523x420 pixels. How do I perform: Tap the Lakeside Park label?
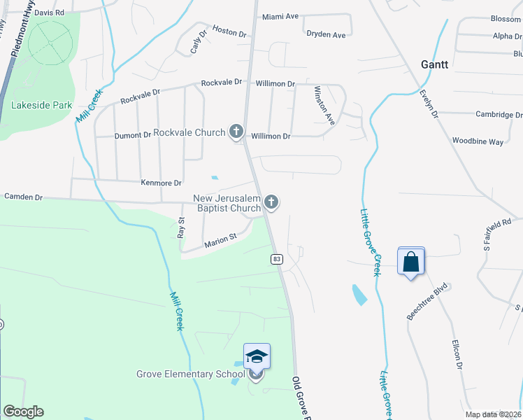pyautogui.click(x=42, y=105)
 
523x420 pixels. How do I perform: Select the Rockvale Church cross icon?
pyautogui.click(x=236, y=131)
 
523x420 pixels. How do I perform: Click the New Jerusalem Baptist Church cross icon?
pyautogui.click(x=271, y=203)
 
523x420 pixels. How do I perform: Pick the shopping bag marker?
pyautogui.click(x=411, y=262)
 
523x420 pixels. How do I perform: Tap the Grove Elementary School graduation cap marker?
pyautogui.click(x=257, y=358)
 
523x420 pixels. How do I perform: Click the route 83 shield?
pyautogui.click(x=277, y=259)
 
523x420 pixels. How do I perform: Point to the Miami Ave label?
pyautogui.click(x=280, y=17)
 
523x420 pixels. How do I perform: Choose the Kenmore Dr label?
pyautogui.click(x=162, y=183)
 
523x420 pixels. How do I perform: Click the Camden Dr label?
pyautogui.click(x=23, y=197)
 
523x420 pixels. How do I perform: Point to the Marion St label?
pyautogui.click(x=221, y=241)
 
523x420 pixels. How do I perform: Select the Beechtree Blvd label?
pyautogui.click(x=427, y=302)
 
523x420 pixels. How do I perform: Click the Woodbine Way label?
pyautogui.click(x=478, y=142)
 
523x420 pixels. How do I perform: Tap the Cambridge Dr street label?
pyautogui.click(x=499, y=115)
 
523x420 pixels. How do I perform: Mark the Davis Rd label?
pyautogui.click(x=49, y=13)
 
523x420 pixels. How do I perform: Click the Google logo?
pyautogui.click(x=23, y=412)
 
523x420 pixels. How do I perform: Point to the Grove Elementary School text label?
pyautogui.click(x=190, y=374)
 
